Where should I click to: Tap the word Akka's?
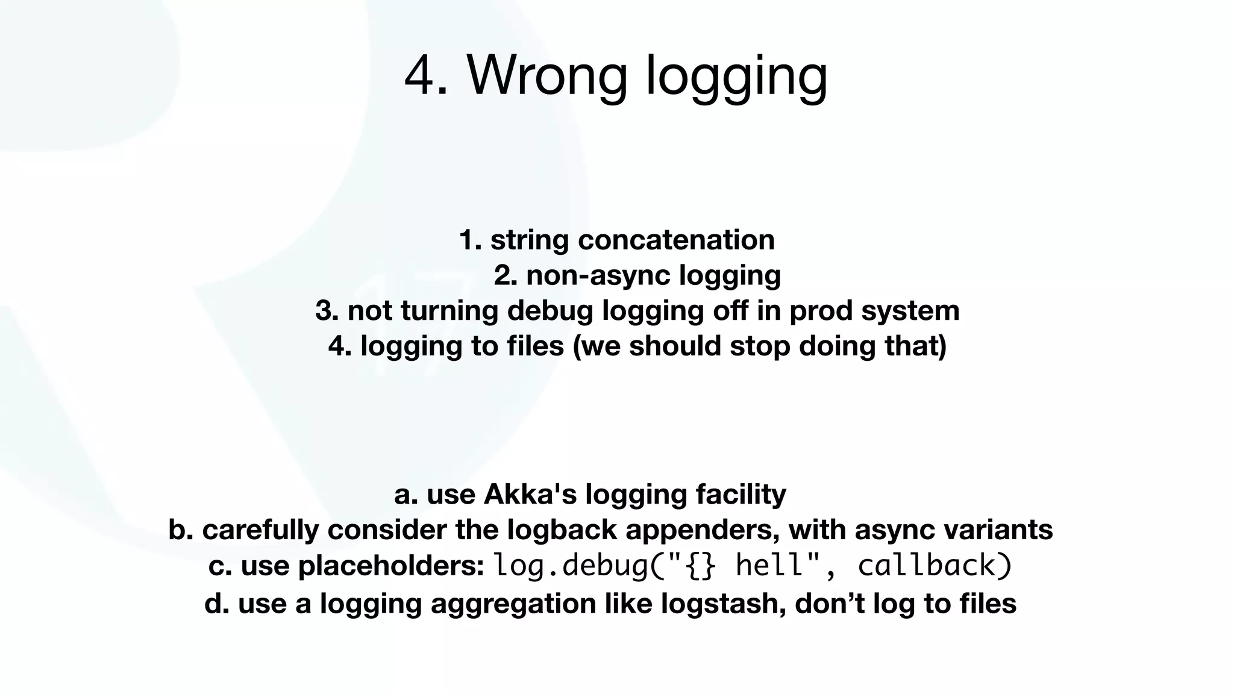[x=530, y=494]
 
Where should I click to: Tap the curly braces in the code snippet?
[x=701, y=566]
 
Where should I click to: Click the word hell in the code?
[x=769, y=566]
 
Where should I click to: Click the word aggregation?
[x=513, y=604]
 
